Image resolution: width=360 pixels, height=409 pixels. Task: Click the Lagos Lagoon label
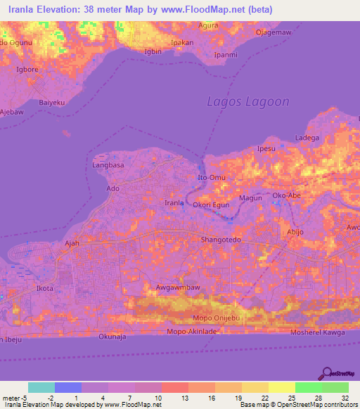247,101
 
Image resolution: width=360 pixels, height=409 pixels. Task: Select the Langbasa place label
108,165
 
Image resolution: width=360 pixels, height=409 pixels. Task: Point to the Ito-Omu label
210,178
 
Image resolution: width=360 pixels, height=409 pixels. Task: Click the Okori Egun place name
212,204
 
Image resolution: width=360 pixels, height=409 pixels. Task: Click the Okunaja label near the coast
112,337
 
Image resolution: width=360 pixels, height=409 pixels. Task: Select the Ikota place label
44,289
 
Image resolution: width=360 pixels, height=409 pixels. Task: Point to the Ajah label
71,244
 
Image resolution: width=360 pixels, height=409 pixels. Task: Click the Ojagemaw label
274,32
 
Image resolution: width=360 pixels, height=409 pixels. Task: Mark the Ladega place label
307,138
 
